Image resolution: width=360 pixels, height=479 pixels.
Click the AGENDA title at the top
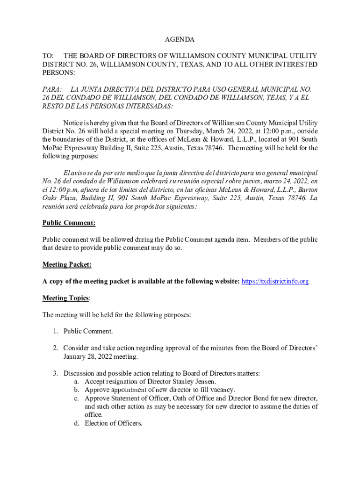[180, 40]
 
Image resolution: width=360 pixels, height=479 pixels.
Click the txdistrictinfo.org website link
[275, 282]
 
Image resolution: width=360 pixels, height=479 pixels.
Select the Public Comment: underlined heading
[69, 223]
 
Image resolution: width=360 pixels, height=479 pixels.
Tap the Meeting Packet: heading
[67, 265]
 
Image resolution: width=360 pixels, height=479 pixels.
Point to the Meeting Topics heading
[66, 298]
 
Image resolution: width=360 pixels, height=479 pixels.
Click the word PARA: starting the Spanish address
[52, 89]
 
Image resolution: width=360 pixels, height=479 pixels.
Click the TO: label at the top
[48, 56]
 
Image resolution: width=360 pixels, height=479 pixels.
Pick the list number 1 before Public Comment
[55, 332]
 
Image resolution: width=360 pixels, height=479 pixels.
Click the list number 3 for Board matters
[55, 373]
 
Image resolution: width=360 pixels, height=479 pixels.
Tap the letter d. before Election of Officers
[76, 423]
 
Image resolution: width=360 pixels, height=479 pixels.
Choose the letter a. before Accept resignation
[76, 382]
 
